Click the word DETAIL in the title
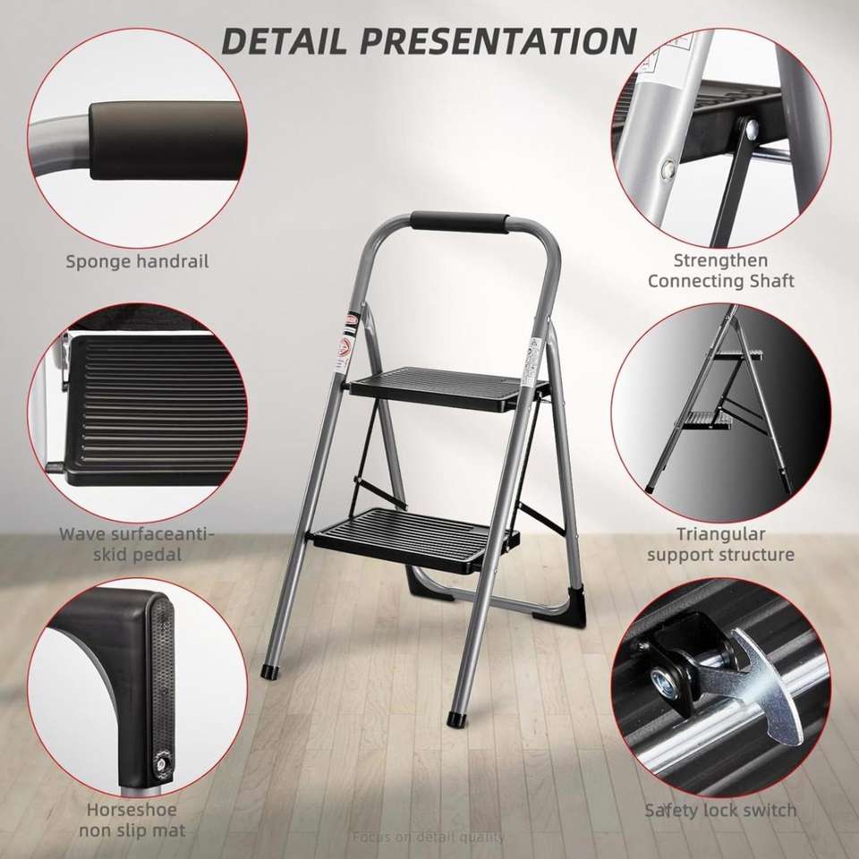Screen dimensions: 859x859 point(285,40)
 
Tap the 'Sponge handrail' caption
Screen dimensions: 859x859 point(137,261)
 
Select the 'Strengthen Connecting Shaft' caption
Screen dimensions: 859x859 point(720,270)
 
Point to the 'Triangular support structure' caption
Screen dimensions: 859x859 point(720,544)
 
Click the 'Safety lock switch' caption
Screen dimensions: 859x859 point(720,810)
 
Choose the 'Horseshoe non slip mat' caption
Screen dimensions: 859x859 point(132,820)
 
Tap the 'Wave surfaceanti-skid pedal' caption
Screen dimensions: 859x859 point(137,544)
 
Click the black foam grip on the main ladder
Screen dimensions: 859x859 point(460,223)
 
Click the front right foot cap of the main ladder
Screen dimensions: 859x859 point(455,719)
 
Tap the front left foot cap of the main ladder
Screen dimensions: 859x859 point(270,672)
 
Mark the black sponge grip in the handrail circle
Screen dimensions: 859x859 point(166,140)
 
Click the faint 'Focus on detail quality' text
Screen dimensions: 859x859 point(429,838)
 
